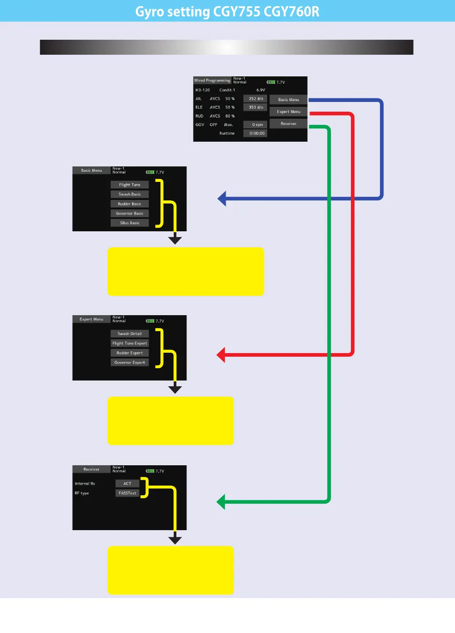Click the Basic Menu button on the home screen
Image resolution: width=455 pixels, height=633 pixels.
pyautogui.click(x=288, y=100)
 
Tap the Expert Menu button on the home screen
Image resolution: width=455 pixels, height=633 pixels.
pyautogui.click(x=288, y=112)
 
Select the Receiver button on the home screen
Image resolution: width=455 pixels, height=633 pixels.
pyautogui.click(x=288, y=124)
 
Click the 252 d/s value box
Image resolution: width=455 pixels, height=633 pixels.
pyautogui.click(x=255, y=99)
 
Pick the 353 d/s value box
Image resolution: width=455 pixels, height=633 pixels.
pyautogui.click(x=255, y=107)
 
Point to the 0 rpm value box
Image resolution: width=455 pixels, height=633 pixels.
pyautogui.click(x=255, y=125)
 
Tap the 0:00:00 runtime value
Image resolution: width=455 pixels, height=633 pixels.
pyautogui.click(x=255, y=133)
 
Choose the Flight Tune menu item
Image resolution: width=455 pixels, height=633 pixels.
pyautogui.click(x=130, y=185)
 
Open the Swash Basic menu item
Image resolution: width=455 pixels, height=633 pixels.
pyautogui.click(x=130, y=194)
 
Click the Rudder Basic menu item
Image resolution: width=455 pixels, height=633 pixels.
pyautogui.click(x=130, y=204)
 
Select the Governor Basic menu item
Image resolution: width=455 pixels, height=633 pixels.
pyautogui.click(x=130, y=214)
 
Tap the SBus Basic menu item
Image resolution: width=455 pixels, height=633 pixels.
pyautogui.click(x=130, y=223)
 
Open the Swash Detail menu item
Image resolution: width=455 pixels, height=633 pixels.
pyautogui.click(x=130, y=334)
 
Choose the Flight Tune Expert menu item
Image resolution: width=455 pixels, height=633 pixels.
pyautogui.click(x=130, y=343)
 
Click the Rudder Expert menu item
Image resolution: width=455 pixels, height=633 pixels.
pyautogui.click(x=130, y=353)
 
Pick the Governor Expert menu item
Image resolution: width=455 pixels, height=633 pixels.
pyautogui.click(x=130, y=362)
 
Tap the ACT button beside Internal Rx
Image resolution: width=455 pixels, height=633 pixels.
pyautogui.click(x=127, y=484)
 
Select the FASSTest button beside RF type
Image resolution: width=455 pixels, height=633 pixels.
pyautogui.click(x=127, y=493)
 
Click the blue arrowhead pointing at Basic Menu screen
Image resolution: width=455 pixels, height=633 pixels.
pyautogui.click(x=222, y=199)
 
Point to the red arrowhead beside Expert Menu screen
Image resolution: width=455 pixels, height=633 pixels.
pyautogui.click(x=221, y=354)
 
